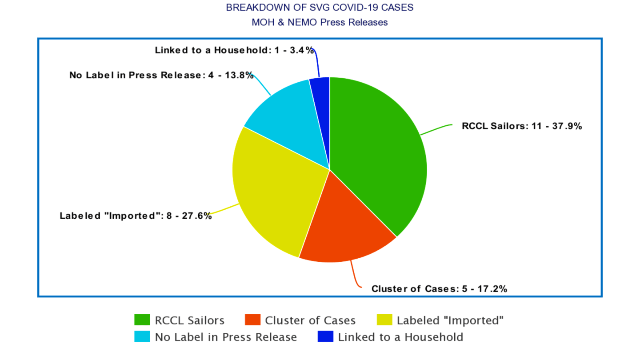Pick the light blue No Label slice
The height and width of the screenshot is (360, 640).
289,120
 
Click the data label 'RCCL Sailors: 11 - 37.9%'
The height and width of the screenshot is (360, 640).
522,126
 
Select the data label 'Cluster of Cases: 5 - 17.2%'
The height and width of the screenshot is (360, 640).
439,288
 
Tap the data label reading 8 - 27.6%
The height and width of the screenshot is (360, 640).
136,216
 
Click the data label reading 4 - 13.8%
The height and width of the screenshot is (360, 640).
161,75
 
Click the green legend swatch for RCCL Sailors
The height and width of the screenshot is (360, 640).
142,320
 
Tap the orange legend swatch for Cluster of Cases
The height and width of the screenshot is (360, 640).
252,320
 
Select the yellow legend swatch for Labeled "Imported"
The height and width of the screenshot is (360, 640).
384,320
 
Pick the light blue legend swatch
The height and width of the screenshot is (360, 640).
142,337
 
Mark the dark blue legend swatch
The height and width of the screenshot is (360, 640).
325,337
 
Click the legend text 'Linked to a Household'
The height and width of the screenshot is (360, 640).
400,337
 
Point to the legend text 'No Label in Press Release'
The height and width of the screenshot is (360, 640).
226,337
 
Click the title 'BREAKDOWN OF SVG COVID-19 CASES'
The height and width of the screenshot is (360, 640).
320,8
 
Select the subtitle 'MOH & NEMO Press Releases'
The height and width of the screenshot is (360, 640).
320,22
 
